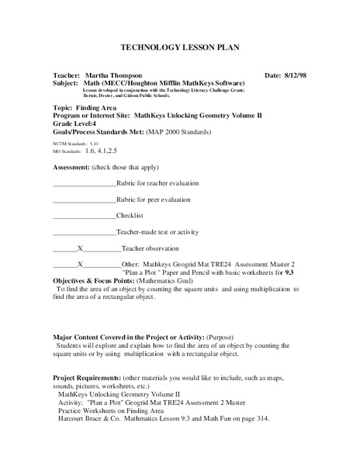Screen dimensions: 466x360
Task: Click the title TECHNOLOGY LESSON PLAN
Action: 179,47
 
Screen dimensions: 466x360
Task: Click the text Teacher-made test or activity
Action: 157,232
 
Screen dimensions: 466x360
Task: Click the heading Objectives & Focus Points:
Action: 102,280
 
